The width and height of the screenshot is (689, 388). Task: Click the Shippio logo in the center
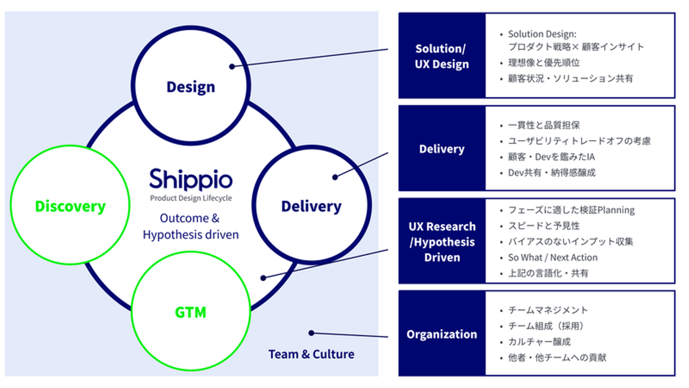[x=190, y=180]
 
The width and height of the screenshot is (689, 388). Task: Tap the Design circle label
[x=190, y=87]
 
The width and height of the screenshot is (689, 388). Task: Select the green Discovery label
[x=70, y=206]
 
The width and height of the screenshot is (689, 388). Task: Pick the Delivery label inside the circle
[x=311, y=206]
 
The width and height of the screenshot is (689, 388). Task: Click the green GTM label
[x=190, y=312]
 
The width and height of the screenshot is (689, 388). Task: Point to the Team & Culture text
[x=311, y=354]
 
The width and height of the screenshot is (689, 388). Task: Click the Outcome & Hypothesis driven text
[x=190, y=227]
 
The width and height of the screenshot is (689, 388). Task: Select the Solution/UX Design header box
[x=442, y=56]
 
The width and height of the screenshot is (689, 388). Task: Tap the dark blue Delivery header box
[x=442, y=149]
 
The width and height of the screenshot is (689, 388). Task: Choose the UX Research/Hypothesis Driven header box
[x=442, y=241]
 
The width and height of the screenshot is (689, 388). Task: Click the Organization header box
[x=442, y=334]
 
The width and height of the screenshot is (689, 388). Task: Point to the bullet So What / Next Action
[x=553, y=258]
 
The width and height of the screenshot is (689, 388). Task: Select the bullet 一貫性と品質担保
[x=544, y=126]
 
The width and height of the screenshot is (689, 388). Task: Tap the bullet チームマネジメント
[x=548, y=310]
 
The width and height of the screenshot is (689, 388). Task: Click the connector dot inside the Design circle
[x=232, y=67]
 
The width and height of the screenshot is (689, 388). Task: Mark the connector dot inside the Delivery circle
[x=335, y=177]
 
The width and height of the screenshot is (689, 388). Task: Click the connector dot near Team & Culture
[x=311, y=333]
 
